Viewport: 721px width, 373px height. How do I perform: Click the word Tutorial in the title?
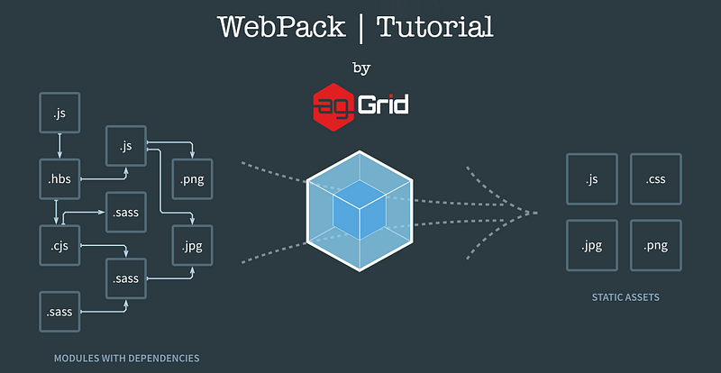click(435, 27)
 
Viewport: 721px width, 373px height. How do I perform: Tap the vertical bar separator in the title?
click(359, 28)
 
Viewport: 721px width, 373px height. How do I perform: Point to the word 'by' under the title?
click(360, 68)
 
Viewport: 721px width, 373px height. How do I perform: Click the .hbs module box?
click(60, 178)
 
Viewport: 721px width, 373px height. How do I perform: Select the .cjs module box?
click(60, 243)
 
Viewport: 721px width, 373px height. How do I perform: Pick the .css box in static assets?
click(654, 178)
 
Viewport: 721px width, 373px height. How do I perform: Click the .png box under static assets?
click(654, 244)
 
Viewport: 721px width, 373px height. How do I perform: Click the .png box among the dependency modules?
click(192, 178)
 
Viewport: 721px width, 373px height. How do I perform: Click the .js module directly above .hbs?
click(60, 114)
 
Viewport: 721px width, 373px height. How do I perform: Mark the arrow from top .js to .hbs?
click(60, 146)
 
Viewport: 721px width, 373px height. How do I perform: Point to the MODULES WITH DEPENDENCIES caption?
click(126, 359)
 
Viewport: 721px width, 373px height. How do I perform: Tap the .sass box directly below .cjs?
click(60, 312)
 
